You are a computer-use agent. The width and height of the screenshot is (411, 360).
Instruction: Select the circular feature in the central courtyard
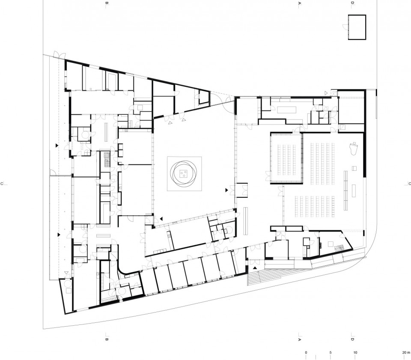184,173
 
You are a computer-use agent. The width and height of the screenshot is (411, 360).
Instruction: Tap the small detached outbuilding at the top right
357,27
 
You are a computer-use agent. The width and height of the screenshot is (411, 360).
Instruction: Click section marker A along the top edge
300,3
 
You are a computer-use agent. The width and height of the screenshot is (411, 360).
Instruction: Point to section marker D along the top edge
352,3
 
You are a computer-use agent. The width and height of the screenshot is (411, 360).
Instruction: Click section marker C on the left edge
2,184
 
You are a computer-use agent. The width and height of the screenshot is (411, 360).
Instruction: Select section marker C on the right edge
409,184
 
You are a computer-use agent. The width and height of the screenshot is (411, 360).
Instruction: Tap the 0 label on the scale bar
306,352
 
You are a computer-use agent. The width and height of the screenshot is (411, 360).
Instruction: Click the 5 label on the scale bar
331,352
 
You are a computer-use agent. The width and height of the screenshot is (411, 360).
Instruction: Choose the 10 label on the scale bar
355,352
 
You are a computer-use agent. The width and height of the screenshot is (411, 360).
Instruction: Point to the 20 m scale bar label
405,352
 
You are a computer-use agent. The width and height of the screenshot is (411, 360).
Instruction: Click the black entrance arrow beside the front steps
255,268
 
